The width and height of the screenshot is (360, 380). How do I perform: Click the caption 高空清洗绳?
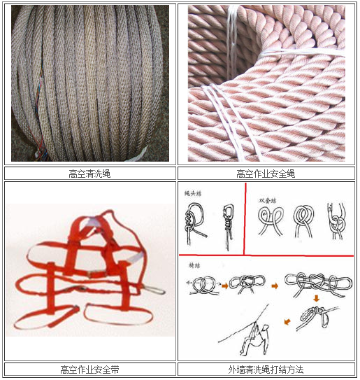click(x=90, y=174)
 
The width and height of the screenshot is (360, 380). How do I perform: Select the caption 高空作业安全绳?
click(x=266, y=174)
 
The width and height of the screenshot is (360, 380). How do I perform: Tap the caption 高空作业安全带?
click(x=90, y=369)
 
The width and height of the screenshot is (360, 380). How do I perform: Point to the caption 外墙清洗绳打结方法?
click(x=266, y=369)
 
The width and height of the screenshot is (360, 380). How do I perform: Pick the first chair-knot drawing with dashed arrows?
click(x=201, y=285)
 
